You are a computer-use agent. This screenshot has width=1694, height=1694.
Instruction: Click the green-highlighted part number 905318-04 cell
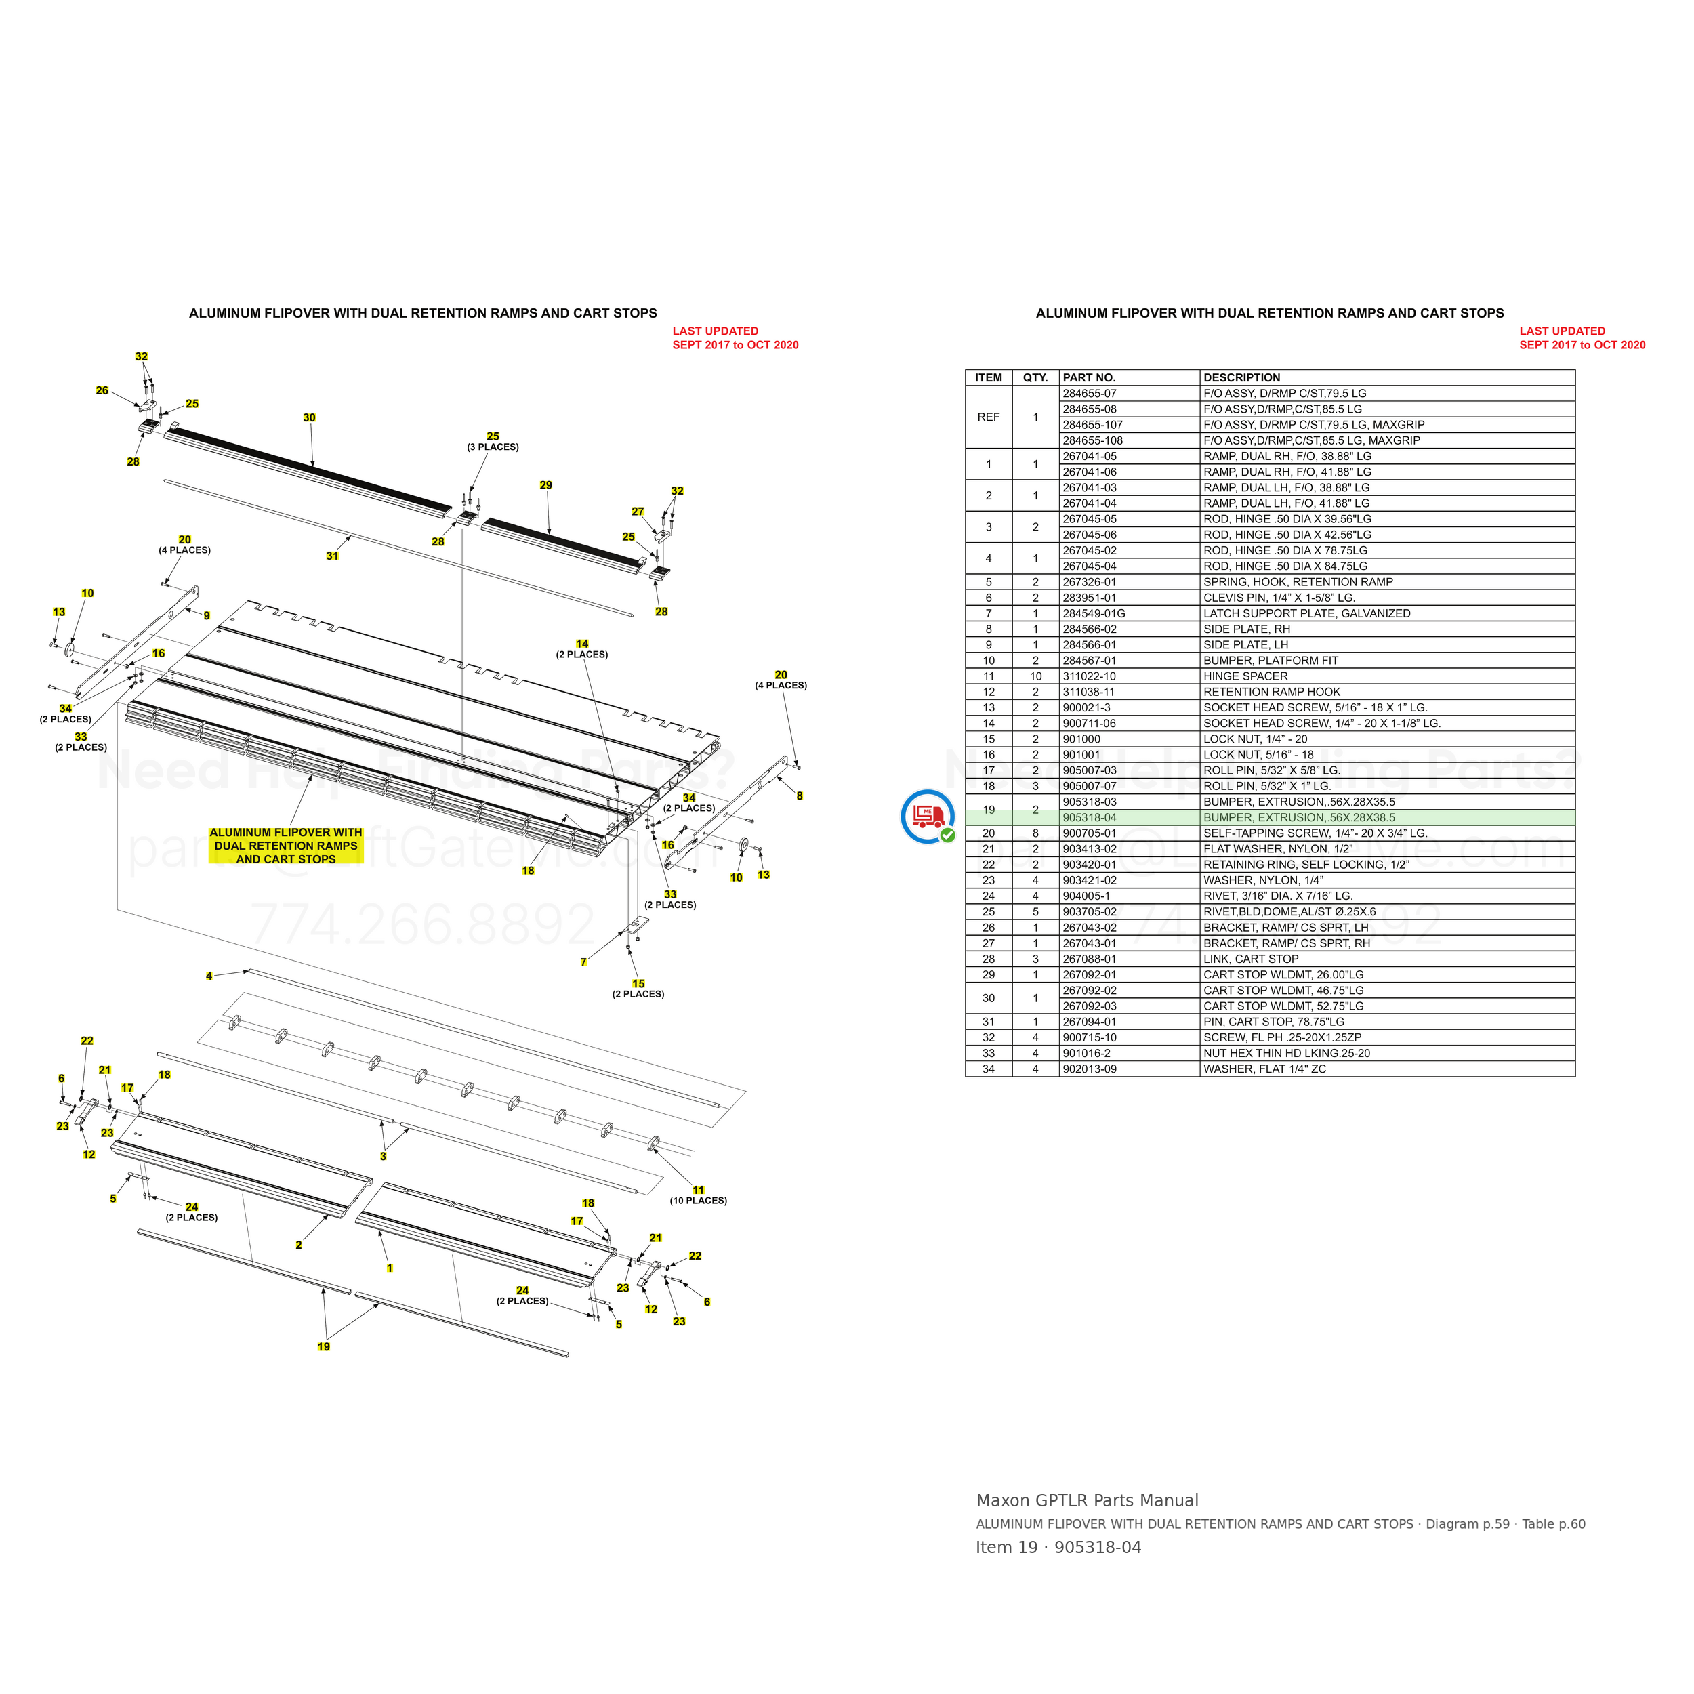1089,817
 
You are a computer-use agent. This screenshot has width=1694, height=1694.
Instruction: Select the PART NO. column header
1089,378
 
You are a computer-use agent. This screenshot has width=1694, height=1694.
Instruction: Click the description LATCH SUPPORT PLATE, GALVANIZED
1306,614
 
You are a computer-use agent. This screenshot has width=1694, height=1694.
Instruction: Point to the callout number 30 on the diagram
310,418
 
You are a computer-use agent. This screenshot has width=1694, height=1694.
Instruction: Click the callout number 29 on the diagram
546,485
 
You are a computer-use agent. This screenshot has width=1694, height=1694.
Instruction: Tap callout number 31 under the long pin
332,556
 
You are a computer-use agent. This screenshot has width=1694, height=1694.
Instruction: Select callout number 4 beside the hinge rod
209,976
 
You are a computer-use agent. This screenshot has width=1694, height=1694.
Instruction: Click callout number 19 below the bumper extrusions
323,1347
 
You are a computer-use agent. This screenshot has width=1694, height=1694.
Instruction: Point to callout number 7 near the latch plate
583,963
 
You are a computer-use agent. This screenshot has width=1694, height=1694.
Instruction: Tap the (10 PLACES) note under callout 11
699,1200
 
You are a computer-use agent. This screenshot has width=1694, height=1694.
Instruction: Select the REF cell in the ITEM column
988,417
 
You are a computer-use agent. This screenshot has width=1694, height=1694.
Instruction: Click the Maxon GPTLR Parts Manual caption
1088,1500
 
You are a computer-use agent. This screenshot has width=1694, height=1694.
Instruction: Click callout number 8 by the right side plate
800,796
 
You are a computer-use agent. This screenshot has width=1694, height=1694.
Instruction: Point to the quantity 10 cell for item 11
1035,676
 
